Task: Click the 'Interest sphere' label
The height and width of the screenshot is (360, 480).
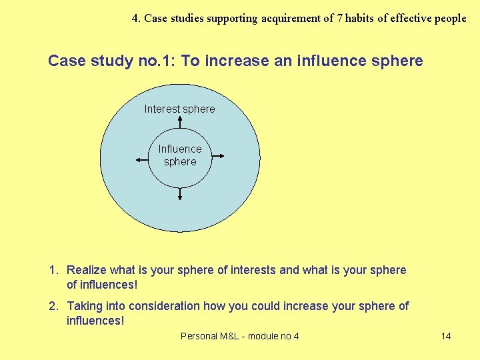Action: pyautogui.click(x=179, y=109)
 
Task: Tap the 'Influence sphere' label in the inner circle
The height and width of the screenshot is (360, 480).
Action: pyautogui.click(x=180, y=155)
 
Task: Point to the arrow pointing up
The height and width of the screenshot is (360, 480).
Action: pyautogui.click(x=180, y=120)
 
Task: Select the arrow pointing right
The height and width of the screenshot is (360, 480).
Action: pyautogui.click(x=217, y=157)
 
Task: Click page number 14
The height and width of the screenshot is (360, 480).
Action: pyautogui.click(x=446, y=336)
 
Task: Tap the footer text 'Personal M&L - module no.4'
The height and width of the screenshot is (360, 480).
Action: pyautogui.click(x=239, y=336)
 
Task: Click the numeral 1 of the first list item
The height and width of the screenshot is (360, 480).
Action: pyautogui.click(x=52, y=270)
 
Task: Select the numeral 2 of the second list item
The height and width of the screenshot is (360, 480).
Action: pyautogui.click(x=52, y=306)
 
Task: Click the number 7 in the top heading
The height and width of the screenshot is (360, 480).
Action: pyautogui.click(x=340, y=18)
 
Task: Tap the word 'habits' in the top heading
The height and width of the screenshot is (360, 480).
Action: pyautogui.click(x=363, y=18)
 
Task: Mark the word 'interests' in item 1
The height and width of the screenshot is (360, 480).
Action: pyautogui.click(x=253, y=270)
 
